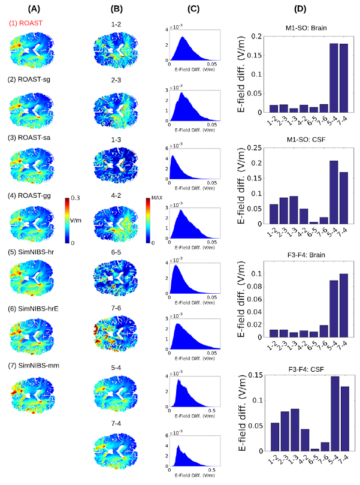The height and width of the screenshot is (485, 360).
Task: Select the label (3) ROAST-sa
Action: pos(29,136)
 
